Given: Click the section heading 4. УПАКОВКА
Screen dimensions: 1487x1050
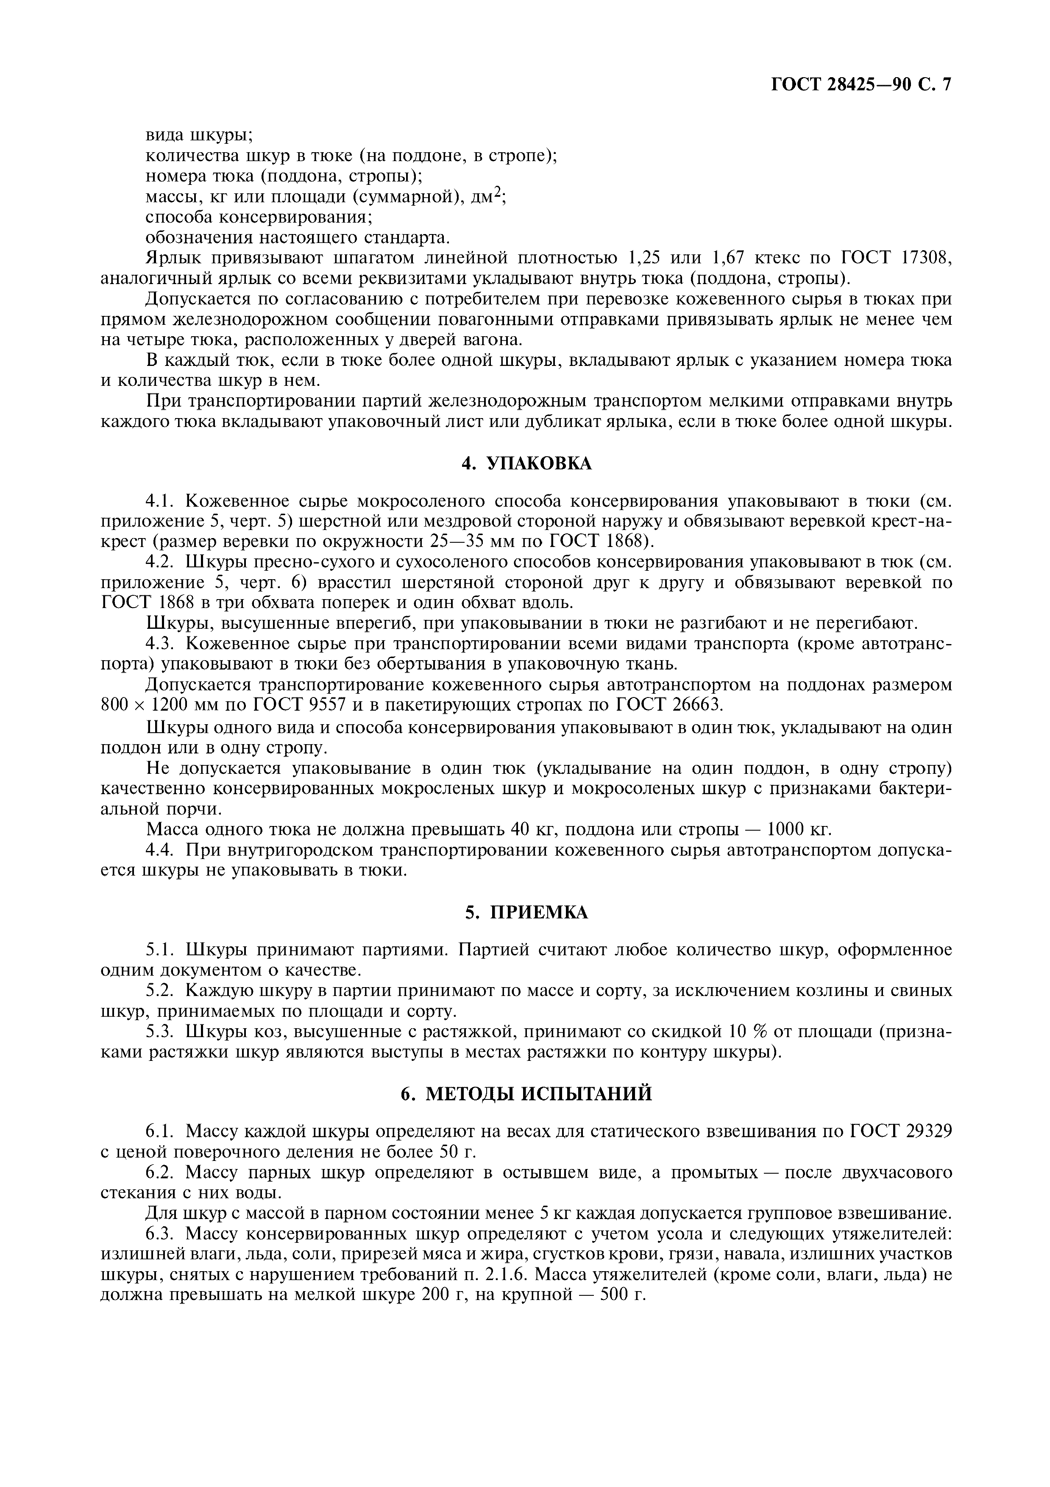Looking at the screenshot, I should tap(526, 464).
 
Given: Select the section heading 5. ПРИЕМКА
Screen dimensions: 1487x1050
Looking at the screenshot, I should tap(526, 912).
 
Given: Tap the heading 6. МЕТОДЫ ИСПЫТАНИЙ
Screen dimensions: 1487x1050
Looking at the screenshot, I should tap(526, 1094).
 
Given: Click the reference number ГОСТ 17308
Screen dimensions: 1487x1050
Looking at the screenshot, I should tap(896, 258).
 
